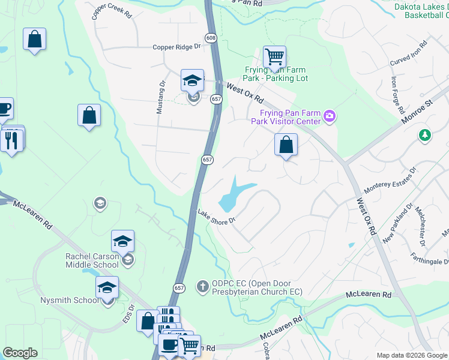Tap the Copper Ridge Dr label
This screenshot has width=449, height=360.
point(175,46)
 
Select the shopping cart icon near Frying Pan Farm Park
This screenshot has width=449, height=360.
point(274,57)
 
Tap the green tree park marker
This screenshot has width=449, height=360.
point(425,135)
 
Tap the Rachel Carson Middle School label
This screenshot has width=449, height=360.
point(92,260)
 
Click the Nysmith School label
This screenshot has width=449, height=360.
point(70,300)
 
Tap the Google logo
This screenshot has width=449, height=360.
point(20,352)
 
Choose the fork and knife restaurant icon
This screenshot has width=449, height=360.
point(11,140)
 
